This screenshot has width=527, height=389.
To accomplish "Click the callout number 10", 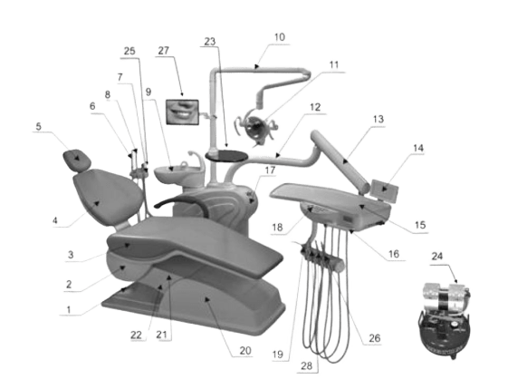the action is click(280, 37).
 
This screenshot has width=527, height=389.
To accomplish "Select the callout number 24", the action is click(437, 257).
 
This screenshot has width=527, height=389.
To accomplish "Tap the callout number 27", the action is click(163, 51).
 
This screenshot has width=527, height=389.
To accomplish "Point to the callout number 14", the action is click(418, 148).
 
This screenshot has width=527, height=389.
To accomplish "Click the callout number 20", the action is click(245, 351).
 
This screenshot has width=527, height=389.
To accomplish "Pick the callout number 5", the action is click(39, 127).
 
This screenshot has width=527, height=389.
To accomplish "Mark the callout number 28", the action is click(307, 365).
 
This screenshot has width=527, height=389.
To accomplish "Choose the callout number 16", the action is click(394, 254).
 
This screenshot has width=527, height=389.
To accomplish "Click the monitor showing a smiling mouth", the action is click(183, 112).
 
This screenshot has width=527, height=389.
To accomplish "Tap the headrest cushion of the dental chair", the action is click(77, 160).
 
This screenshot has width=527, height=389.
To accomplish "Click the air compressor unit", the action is click(445, 320).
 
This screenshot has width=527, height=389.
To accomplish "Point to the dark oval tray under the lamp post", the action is click(226, 155).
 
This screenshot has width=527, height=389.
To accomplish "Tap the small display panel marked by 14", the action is click(385, 190).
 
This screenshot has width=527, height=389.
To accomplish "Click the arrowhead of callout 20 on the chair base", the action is click(207, 299).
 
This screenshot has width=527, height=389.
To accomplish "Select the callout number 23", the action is click(210, 42).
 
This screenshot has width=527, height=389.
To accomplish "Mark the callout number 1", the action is click(69, 309).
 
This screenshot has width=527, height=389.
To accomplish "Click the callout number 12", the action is click(315, 107).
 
